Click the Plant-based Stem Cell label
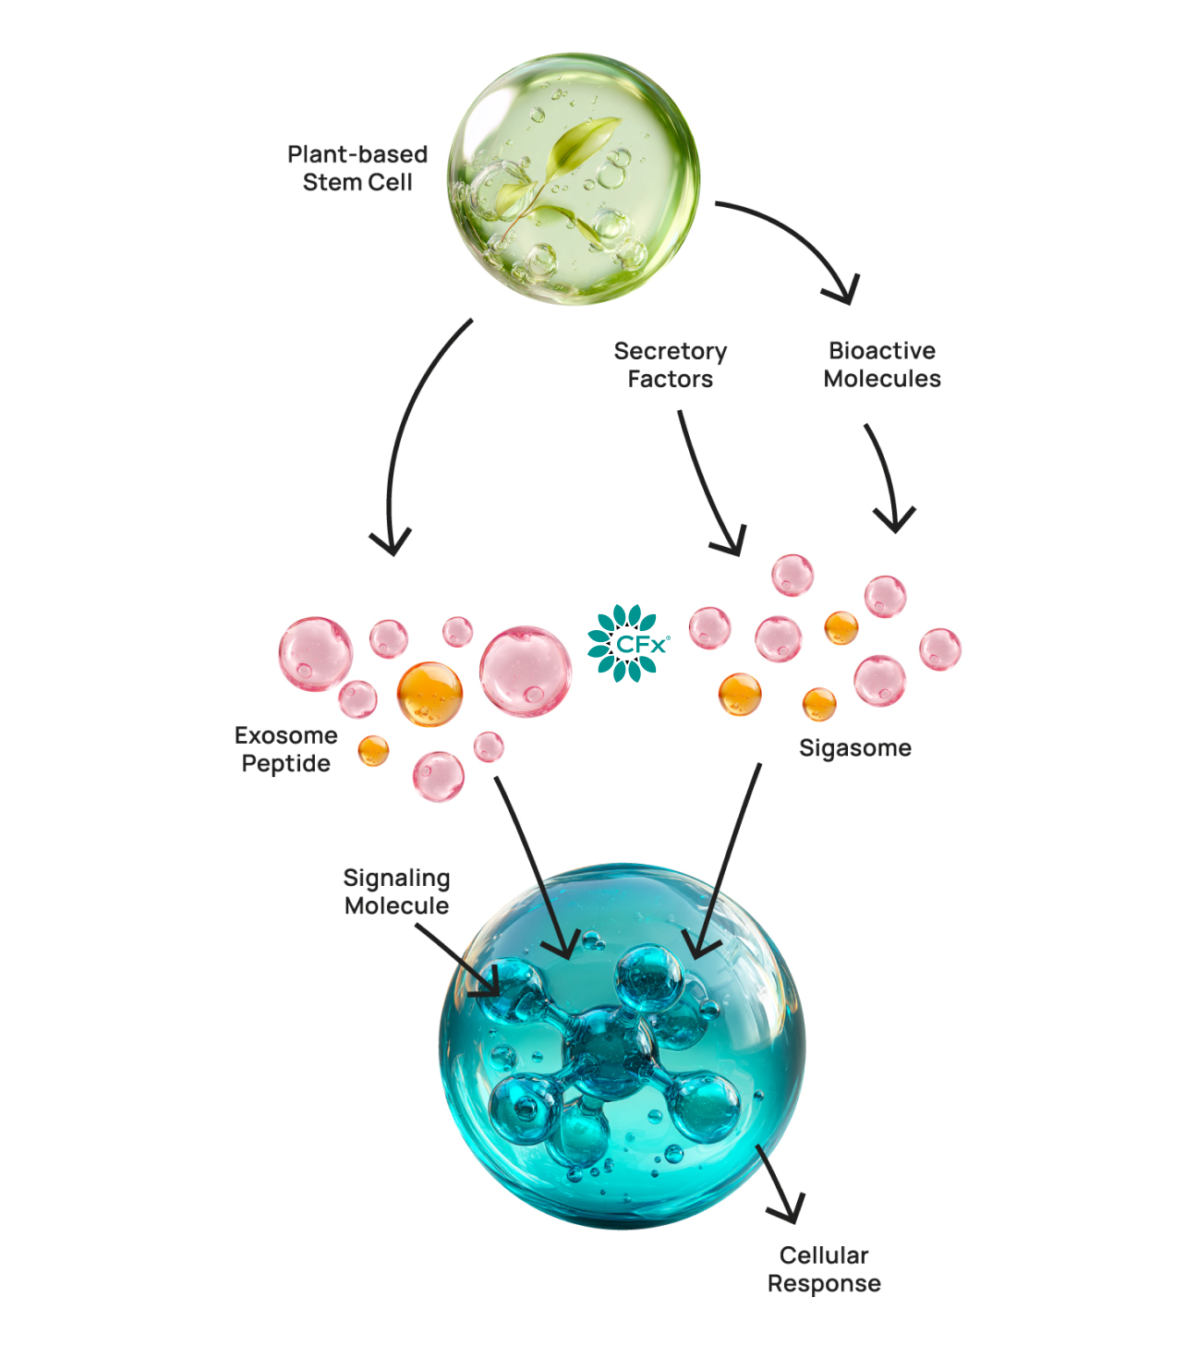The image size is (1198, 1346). (357, 168)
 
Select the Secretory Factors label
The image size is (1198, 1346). (671, 365)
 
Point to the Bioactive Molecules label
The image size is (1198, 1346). (882, 365)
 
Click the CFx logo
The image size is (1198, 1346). (629, 643)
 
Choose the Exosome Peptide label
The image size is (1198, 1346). (285, 749)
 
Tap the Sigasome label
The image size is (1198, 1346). (854, 747)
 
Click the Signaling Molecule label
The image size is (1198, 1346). (396, 891)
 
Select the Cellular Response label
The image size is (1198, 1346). (824, 1269)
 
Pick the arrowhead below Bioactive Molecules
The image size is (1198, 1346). (894, 520)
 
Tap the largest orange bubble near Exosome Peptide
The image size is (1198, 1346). (430, 694)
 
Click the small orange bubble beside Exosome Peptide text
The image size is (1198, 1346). (373, 750)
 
